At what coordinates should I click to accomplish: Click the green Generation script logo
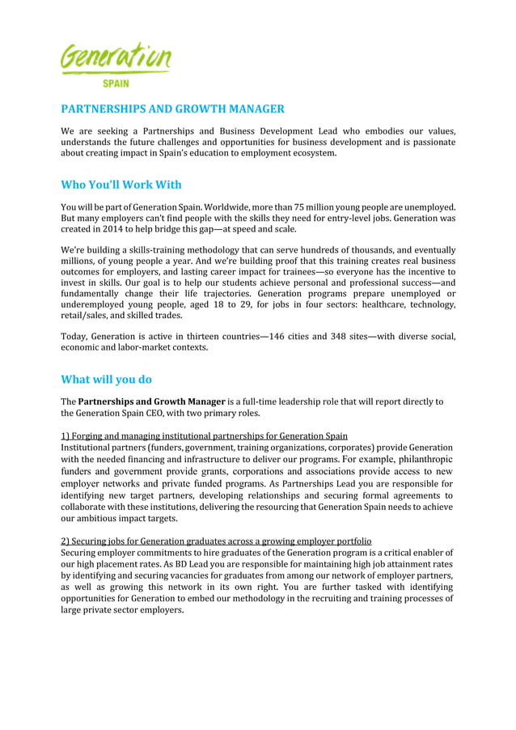pos(116,57)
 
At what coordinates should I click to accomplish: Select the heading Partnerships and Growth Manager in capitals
pos(172,109)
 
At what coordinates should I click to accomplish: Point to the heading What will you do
pos(106,380)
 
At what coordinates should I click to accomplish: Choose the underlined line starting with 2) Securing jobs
pos(216,541)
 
